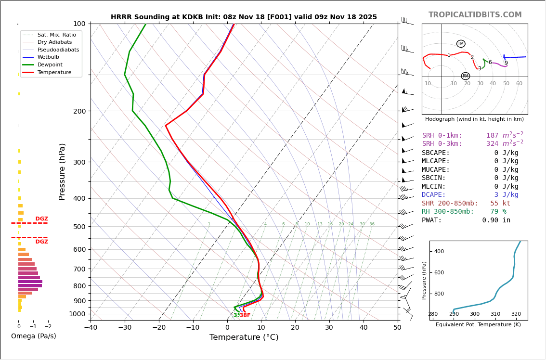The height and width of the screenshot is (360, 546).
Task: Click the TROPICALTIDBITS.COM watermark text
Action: click(475, 15)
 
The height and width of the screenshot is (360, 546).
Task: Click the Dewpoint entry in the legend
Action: click(50, 64)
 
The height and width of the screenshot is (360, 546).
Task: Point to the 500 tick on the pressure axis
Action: click(79, 227)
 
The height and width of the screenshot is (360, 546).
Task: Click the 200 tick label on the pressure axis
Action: click(79, 111)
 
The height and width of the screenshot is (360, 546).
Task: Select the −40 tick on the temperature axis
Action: click(91, 328)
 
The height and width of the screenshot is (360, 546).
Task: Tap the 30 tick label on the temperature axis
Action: click(329, 328)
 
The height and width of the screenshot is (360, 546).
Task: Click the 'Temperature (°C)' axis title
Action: click(244, 337)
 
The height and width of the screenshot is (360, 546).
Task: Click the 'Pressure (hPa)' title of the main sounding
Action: click(62, 171)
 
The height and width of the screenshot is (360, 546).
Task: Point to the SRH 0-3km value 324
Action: click(492, 144)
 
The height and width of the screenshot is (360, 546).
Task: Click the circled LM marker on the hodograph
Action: click(461, 44)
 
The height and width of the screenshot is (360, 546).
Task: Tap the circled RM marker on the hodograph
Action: click(465, 76)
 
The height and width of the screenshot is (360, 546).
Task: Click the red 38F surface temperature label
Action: click(245, 315)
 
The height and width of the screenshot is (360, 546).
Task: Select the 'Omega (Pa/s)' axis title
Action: click(34, 336)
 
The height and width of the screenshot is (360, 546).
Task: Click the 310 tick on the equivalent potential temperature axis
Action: click(495, 314)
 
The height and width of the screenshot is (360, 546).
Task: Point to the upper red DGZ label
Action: click(41, 219)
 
